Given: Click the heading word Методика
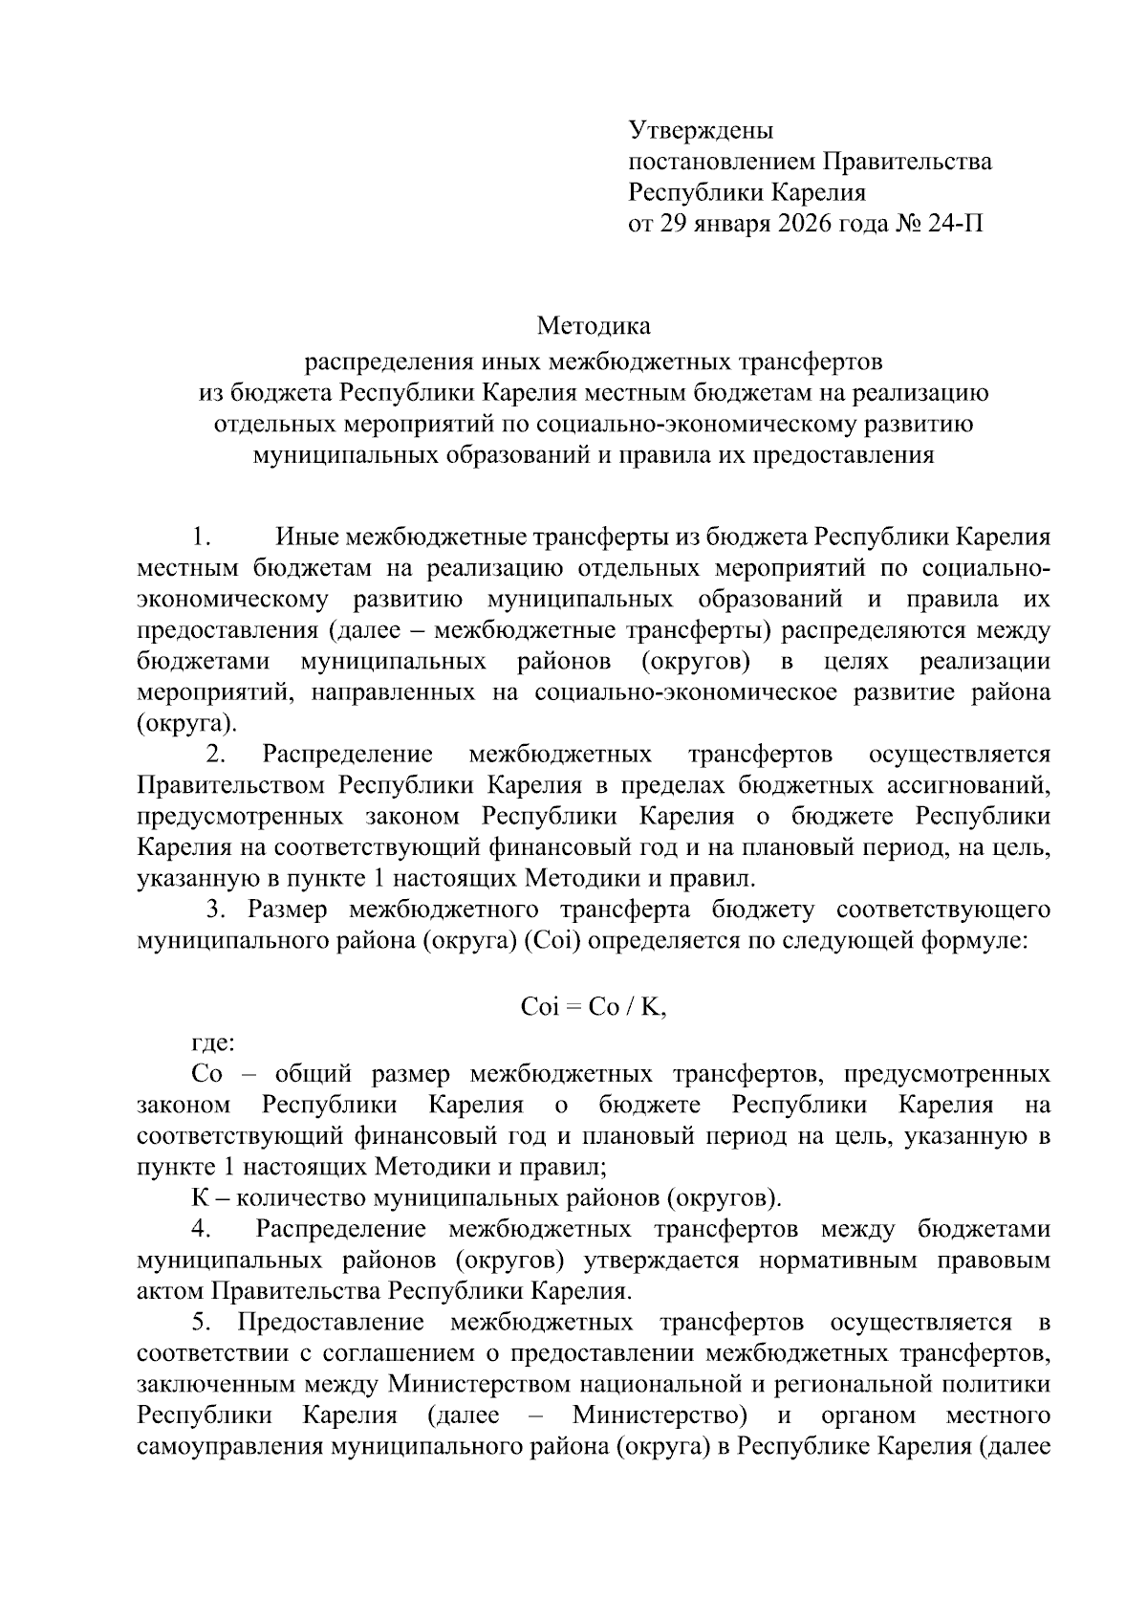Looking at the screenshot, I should pos(594,326).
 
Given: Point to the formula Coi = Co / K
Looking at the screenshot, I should pos(593,1008).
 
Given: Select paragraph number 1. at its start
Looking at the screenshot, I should pos(200,536).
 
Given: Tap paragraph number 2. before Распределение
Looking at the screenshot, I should pos(216,755).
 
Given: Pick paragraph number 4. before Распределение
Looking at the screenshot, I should pos(200,1228).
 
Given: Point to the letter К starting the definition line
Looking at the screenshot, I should pos(200,1197).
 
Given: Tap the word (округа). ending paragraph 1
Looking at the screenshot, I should pos(186,723).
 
